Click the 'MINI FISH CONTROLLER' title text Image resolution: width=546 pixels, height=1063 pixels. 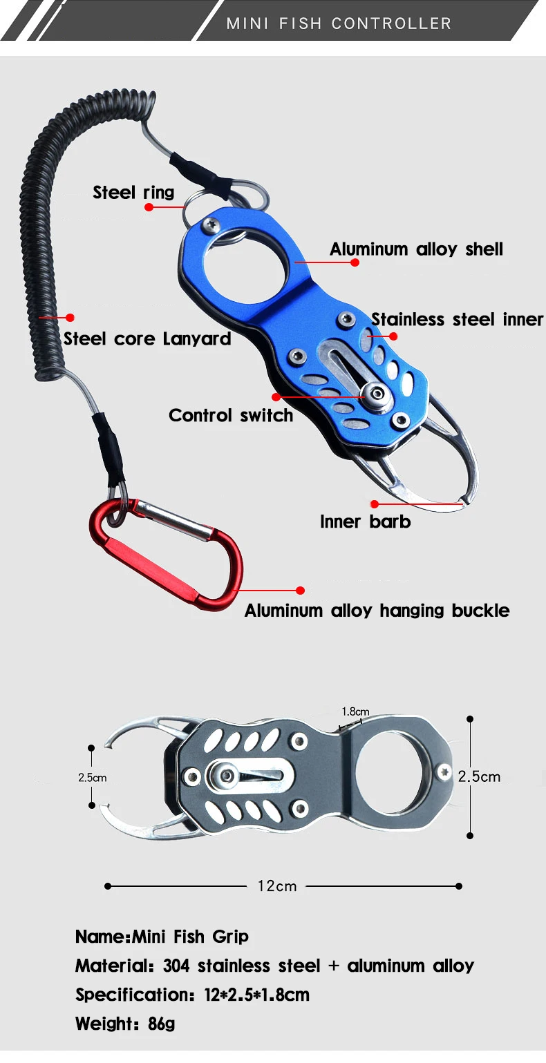click(x=339, y=23)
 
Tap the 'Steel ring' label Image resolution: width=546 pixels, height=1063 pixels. click(x=133, y=192)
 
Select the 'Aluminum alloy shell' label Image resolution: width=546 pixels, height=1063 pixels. click(x=416, y=249)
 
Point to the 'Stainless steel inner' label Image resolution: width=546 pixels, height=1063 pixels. click(x=457, y=319)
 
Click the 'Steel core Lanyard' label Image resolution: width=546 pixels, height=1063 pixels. click(x=147, y=338)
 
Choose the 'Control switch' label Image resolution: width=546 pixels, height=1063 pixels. click(x=231, y=415)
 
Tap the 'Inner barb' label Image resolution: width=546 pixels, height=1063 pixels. click(x=365, y=521)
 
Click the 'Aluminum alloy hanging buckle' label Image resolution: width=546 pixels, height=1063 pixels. click(x=377, y=611)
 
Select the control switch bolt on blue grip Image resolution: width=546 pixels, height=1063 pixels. click(x=377, y=395)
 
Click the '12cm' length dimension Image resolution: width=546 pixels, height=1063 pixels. click(x=277, y=886)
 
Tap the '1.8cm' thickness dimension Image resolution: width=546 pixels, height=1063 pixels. click(x=355, y=711)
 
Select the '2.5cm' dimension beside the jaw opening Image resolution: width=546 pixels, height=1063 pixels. click(x=92, y=777)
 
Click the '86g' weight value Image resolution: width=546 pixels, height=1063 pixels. click(x=161, y=1024)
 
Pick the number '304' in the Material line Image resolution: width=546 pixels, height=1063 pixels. click(x=176, y=966)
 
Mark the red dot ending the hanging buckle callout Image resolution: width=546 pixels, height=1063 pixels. click(x=301, y=591)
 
